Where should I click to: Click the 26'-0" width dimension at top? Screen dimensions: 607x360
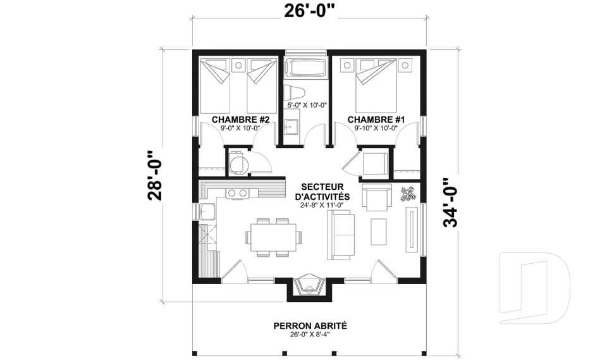click(x=309, y=11)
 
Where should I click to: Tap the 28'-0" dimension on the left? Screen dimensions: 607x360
click(x=156, y=175)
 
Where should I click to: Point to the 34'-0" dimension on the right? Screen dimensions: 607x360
click(x=450, y=203)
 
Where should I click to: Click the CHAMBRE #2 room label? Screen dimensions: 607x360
click(x=238, y=120)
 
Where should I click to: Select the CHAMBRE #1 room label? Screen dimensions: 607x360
click(x=376, y=120)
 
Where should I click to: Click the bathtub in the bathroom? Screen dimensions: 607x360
click(x=306, y=68)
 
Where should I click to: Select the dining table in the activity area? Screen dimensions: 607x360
click(x=273, y=237)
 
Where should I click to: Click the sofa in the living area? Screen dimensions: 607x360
click(x=341, y=235)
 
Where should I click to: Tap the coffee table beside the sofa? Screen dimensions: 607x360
click(x=378, y=232)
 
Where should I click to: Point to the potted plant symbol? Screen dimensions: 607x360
click(x=407, y=194)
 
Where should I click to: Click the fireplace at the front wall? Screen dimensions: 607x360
click(x=309, y=286)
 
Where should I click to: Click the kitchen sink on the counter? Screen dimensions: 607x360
click(x=207, y=211)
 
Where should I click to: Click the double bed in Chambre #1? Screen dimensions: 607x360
click(x=376, y=85)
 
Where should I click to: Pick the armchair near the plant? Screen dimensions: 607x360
click(x=376, y=197)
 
